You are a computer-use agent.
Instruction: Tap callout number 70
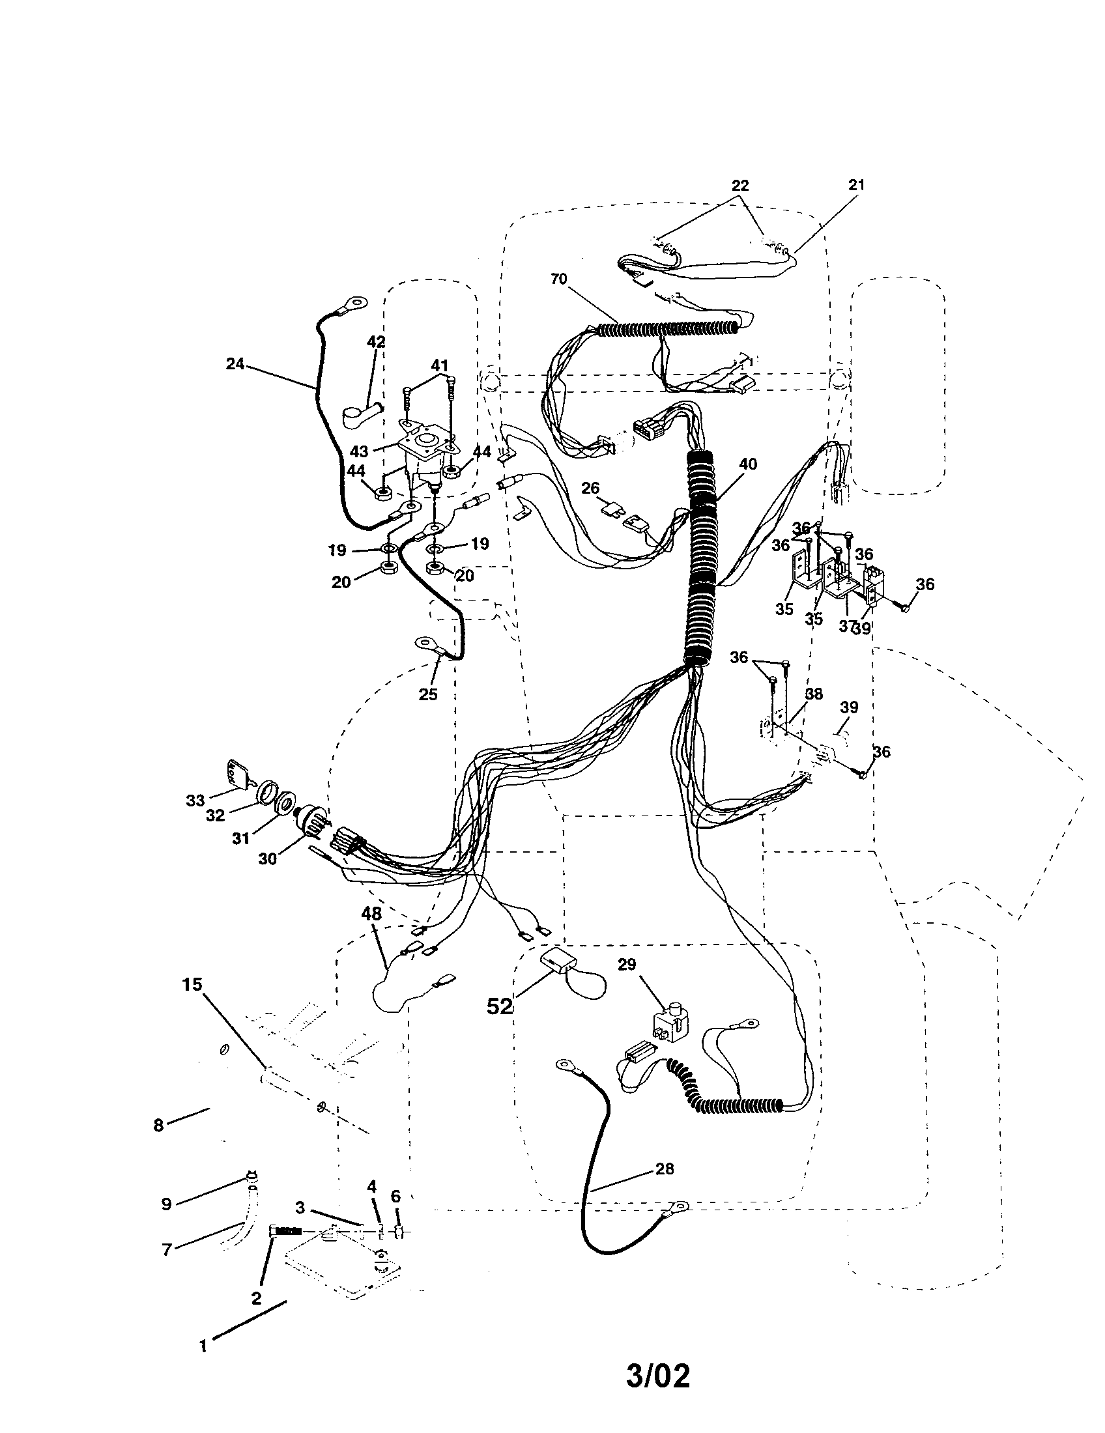pyautogui.click(x=558, y=279)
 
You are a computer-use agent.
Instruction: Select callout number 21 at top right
pyautogui.click(x=856, y=185)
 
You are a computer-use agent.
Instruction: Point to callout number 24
pyautogui.click(x=235, y=363)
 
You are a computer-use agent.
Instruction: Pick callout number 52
pyautogui.click(x=499, y=1006)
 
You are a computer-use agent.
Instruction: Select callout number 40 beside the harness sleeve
pyautogui.click(x=747, y=464)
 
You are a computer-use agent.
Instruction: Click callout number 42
pyautogui.click(x=376, y=342)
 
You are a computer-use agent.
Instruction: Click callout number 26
pyautogui.click(x=590, y=488)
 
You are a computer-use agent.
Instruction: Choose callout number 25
pyautogui.click(x=428, y=694)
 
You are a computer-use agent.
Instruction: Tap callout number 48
pyautogui.click(x=371, y=913)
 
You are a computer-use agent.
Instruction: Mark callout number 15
pyautogui.click(x=193, y=984)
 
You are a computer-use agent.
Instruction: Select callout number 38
pyautogui.click(x=816, y=694)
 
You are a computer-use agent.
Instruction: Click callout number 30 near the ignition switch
pyautogui.click(x=268, y=858)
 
